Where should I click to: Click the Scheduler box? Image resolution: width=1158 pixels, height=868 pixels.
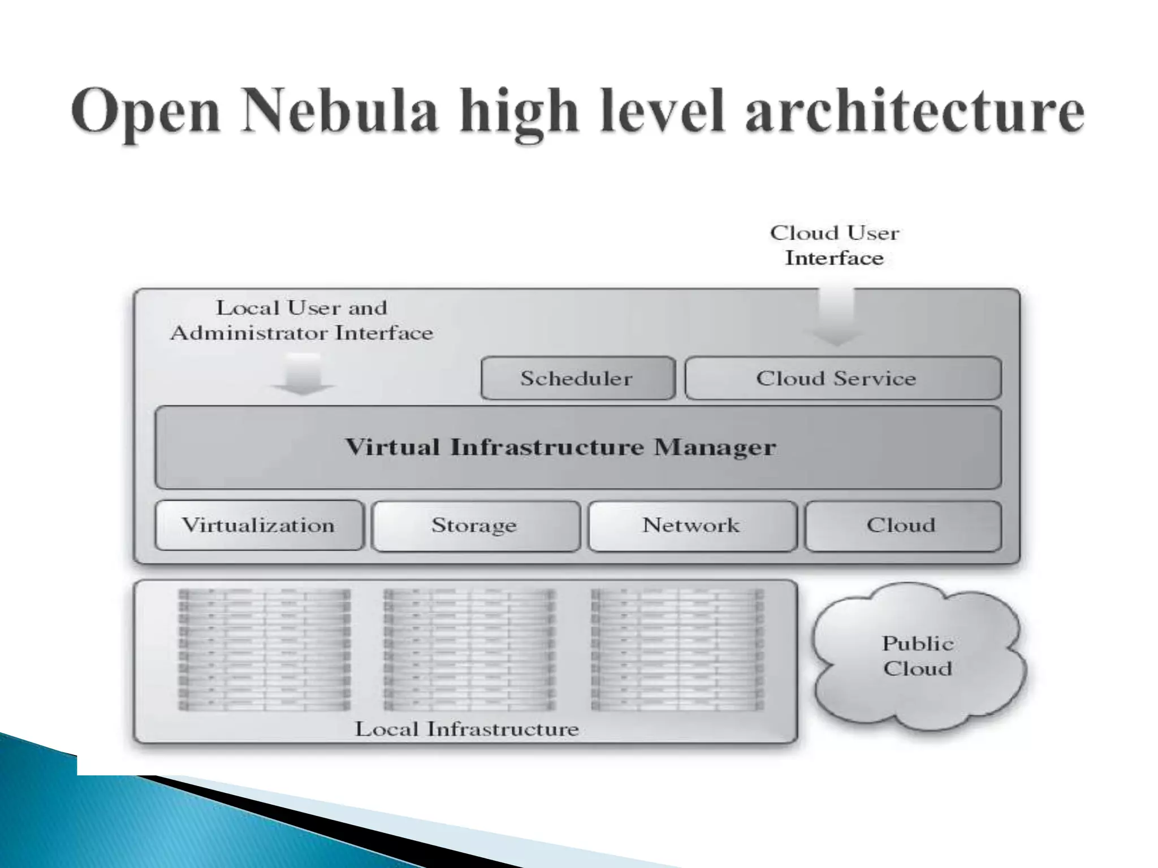[x=577, y=378]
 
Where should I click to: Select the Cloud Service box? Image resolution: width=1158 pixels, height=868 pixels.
[x=842, y=378]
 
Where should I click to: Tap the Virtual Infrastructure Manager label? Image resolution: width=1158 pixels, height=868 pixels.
[x=560, y=447]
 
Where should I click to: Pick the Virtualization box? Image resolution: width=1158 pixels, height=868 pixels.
[x=259, y=526]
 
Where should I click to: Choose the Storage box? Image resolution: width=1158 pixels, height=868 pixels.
[x=475, y=526]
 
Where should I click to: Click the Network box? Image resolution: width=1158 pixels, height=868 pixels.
[x=692, y=526]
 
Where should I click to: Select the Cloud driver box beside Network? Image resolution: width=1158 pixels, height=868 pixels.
[x=902, y=526]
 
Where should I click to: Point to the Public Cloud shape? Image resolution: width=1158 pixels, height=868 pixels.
[x=917, y=657]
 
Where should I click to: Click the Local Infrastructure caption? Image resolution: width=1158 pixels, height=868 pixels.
[x=466, y=729]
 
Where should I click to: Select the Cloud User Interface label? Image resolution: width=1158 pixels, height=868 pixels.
[x=835, y=245]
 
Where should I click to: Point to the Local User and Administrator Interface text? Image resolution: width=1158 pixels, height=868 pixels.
[x=301, y=320]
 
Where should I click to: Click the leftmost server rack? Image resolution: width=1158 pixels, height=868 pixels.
[x=264, y=649]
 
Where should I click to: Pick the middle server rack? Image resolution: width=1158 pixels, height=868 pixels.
[x=469, y=649]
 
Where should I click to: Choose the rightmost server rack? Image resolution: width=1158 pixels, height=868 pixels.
[x=677, y=649]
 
